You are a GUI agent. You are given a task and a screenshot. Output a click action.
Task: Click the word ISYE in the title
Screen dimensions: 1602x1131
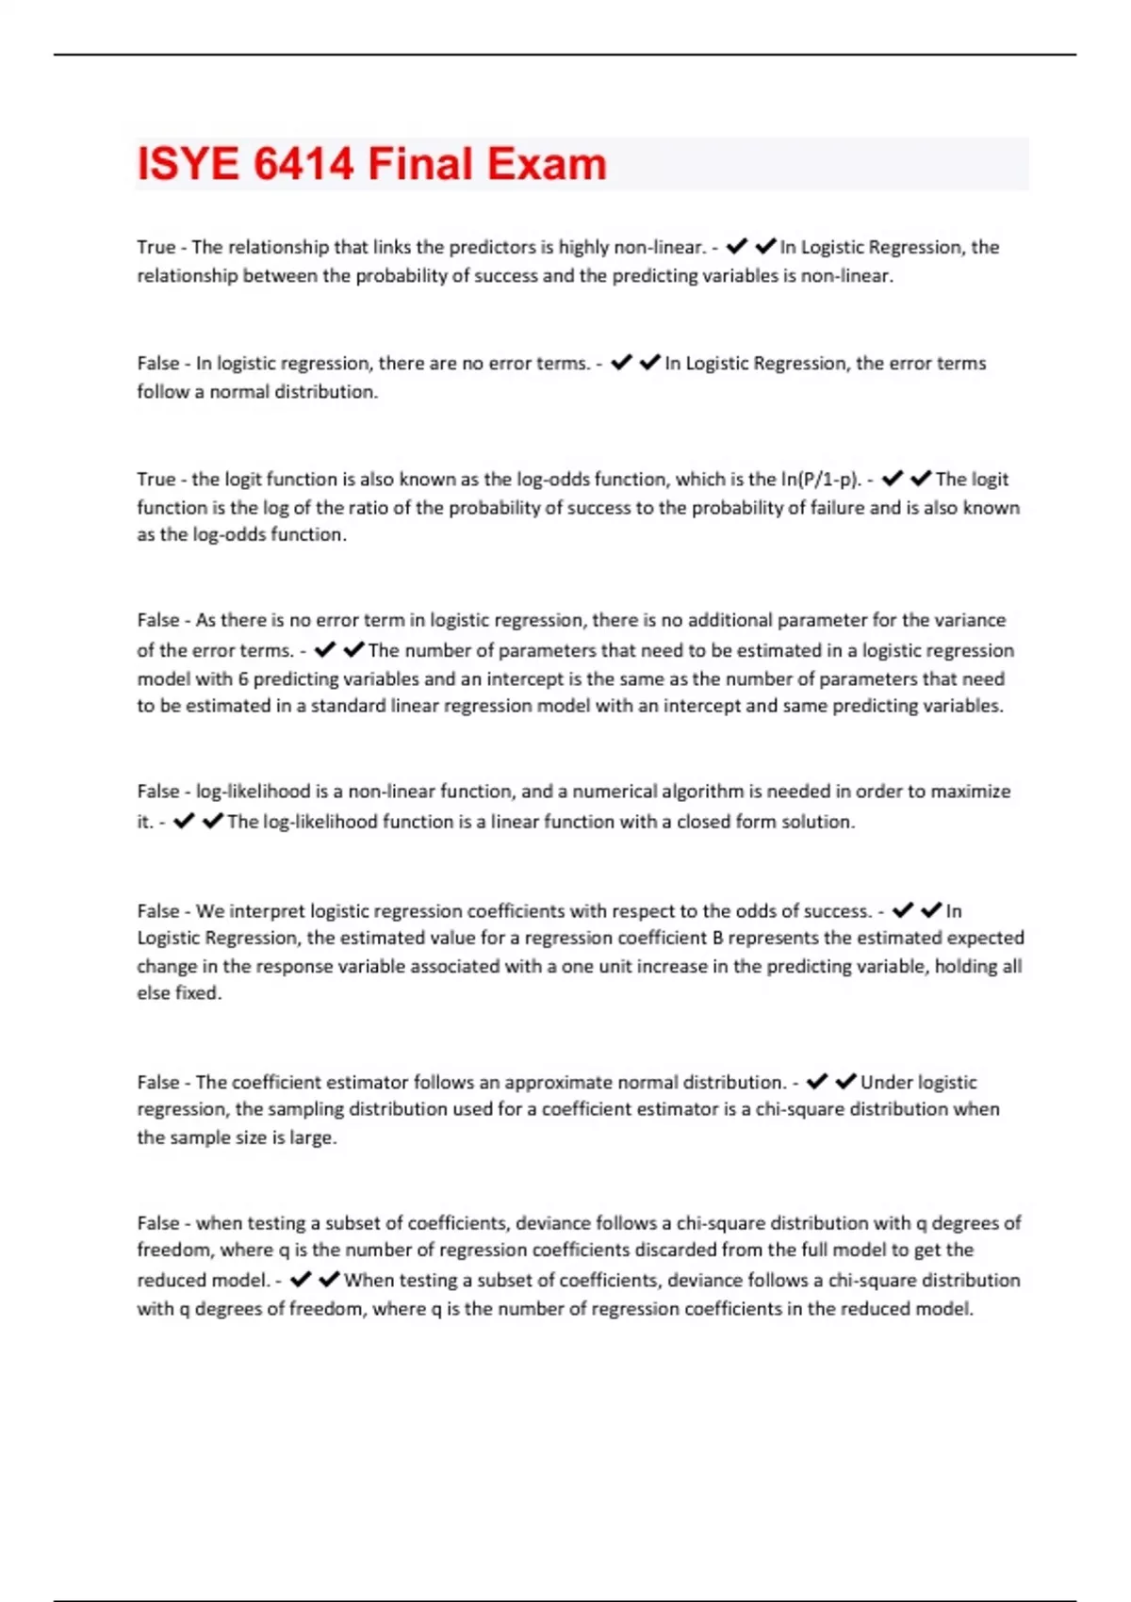coord(188,164)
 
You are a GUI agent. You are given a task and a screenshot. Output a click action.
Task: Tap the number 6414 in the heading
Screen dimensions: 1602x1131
coord(303,164)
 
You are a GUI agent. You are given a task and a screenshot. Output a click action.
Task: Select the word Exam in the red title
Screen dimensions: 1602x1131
coord(547,164)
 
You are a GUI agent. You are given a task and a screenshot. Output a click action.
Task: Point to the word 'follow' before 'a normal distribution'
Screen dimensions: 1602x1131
coord(162,392)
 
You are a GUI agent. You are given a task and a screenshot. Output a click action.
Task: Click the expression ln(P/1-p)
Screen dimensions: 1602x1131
coord(820,479)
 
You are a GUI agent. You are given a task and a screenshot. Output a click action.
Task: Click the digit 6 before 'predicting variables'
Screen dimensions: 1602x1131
coord(243,678)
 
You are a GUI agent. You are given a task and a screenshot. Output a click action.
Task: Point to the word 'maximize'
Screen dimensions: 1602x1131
coord(970,792)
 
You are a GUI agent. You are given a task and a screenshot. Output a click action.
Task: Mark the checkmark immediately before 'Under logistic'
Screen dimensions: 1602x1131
coord(846,1081)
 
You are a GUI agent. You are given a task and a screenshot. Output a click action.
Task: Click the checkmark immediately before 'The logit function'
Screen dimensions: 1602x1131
coord(921,478)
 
